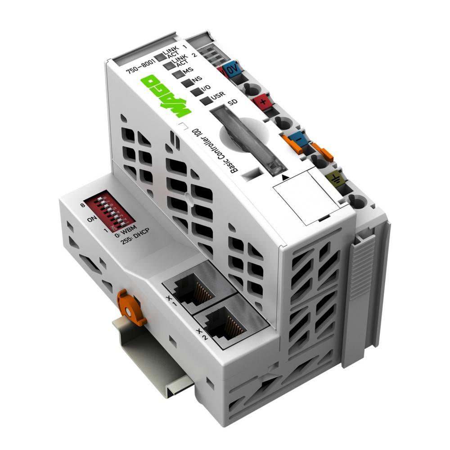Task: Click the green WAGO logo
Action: (165, 95)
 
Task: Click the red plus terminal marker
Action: (261, 101)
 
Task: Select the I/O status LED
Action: (195, 92)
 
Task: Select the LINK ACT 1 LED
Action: (158, 58)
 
